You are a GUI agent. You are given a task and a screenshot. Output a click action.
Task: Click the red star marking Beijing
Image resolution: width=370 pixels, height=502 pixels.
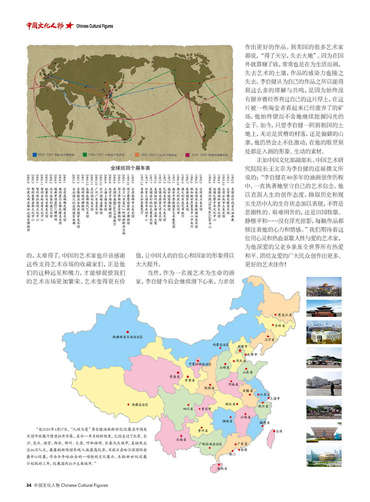pyautogui.click(x=240, y=350)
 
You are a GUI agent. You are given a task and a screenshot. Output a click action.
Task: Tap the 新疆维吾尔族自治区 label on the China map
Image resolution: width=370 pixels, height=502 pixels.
pyautogui.click(x=127, y=337)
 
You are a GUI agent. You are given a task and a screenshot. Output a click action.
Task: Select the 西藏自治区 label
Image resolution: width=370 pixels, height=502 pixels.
pyautogui.click(x=140, y=405)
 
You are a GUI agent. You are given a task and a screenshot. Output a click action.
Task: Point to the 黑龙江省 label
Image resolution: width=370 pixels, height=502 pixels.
pyautogui.click(x=285, y=315)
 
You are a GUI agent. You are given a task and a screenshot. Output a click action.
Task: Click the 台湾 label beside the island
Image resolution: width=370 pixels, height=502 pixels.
pyautogui.click(x=279, y=431)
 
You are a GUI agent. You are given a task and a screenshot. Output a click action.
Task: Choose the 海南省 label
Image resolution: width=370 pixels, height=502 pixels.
pyautogui.click(x=222, y=468)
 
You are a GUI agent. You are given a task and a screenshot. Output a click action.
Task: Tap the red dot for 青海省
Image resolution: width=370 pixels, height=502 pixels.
pyautogui.click(x=178, y=373)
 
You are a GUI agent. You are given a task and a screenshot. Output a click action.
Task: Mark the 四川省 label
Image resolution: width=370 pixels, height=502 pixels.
pyautogui.click(x=188, y=409)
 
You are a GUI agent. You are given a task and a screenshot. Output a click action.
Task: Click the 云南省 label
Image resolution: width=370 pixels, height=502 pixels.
pyautogui.click(x=181, y=439)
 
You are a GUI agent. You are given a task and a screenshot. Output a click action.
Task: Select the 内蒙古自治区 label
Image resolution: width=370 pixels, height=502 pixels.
pyautogui.click(x=221, y=345)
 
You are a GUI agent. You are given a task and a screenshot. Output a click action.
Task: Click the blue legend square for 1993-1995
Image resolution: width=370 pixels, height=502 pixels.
pyautogui.click(x=35, y=155)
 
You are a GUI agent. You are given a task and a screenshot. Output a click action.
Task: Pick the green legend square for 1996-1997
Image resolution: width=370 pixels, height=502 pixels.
pyautogui.click(x=85, y=155)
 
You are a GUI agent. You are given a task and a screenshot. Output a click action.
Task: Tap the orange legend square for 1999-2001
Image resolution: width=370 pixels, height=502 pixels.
pyautogui.click(x=137, y=155)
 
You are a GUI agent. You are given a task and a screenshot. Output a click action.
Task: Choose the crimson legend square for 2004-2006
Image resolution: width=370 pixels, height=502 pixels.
pyautogui.click(x=187, y=155)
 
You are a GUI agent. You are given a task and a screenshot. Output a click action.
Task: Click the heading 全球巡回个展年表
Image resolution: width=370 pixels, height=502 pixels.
pyautogui.click(x=130, y=168)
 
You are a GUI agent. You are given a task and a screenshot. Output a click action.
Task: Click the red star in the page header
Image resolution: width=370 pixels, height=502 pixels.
pyautogui.click(x=69, y=26)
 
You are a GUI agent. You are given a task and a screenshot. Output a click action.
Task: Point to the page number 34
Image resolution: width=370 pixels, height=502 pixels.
pyautogui.click(x=29, y=485)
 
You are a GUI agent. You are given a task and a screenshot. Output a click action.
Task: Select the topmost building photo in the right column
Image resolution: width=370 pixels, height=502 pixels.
pyautogui.click(x=324, y=286)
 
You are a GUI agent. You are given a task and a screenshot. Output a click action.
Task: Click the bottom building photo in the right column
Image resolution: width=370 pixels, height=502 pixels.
pyautogui.click(x=324, y=456)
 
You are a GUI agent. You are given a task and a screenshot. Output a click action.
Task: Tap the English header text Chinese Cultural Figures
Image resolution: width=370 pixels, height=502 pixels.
pyautogui.click(x=95, y=26)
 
